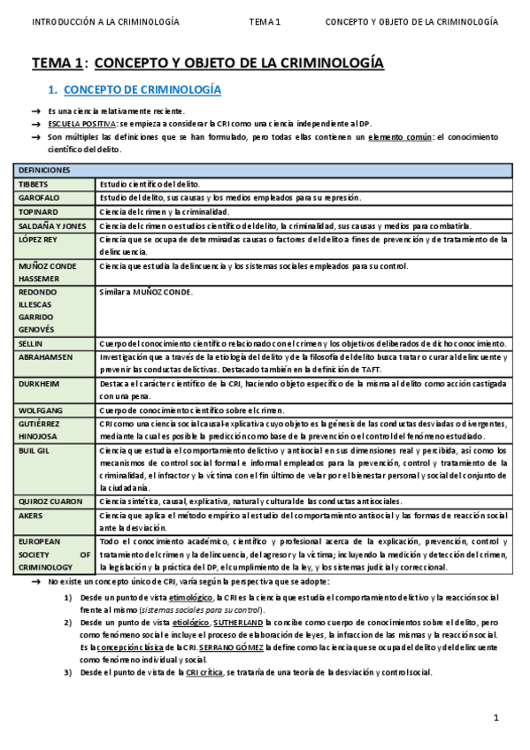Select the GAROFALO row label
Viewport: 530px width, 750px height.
click(x=40, y=197)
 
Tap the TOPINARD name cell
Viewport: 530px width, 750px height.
click(x=40, y=211)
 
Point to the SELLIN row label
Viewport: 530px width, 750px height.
click(x=31, y=343)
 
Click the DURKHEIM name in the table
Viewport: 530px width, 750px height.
click(x=41, y=386)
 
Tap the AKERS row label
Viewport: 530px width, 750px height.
click(x=31, y=515)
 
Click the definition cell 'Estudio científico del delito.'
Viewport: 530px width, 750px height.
click(x=149, y=183)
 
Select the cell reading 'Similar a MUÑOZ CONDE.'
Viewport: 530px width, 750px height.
click(x=146, y=292)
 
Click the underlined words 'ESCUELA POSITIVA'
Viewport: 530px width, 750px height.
click(x=82, y=125)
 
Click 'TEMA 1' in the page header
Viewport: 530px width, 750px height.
click(x=265, y=21)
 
